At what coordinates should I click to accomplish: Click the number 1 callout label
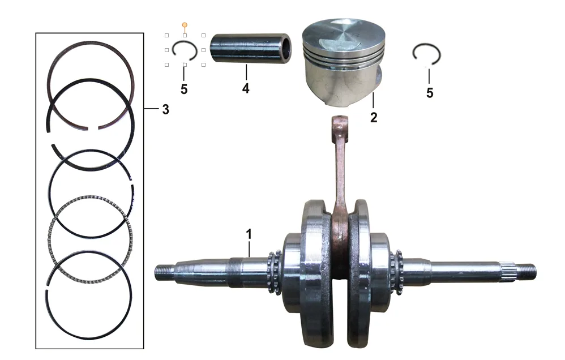pos(249,234)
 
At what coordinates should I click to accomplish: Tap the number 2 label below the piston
pos(374,117)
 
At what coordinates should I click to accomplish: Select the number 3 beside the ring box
pos(165,109)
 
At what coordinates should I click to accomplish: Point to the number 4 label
pos(246,88)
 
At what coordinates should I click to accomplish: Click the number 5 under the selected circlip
pos(184,89)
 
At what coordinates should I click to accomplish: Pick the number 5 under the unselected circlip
pos(430,93)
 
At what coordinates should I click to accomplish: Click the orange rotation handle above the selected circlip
pos(185,25)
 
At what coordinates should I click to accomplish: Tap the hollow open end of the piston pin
pos(285,48)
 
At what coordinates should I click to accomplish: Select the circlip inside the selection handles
pos(173,49)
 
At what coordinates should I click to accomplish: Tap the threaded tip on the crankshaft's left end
pos(164,272)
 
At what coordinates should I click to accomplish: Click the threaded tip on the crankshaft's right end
pos(527,271)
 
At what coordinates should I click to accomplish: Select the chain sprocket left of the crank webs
pos(275,272)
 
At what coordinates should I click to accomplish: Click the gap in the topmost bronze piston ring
pos(93,127)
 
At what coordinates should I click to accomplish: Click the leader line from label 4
pos(246,72)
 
